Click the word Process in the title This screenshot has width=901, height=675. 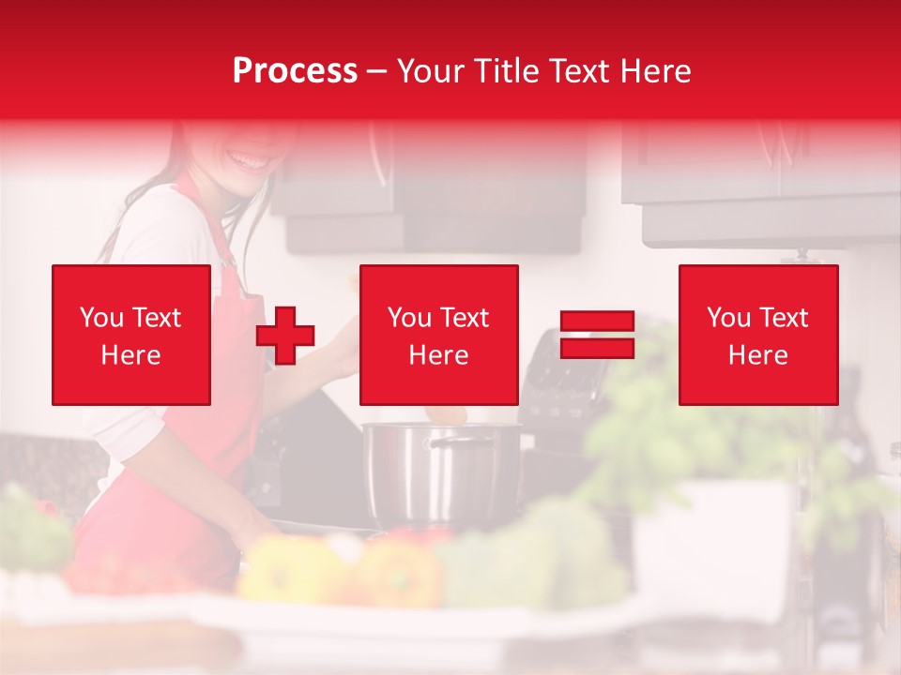295,71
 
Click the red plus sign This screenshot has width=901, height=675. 285,336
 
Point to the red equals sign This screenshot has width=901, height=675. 597,336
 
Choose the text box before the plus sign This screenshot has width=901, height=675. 131,336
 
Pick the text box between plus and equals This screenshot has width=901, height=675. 439,336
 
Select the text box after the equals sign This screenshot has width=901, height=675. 758,336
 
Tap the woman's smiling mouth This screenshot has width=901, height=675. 251,161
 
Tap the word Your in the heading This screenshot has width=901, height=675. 428,71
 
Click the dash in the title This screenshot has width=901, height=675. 377,71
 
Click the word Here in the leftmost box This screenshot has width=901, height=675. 131,355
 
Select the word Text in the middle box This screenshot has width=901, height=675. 465,318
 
